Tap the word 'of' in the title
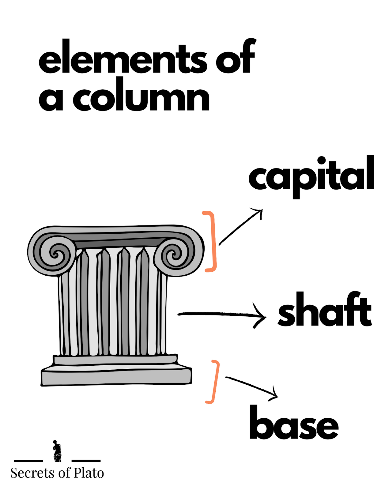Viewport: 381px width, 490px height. (x=235, y=57)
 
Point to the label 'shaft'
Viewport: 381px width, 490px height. (x=325, y=309)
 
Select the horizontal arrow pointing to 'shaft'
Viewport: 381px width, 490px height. (x=221, y=314)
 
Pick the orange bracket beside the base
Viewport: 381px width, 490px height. (x=214, y=382)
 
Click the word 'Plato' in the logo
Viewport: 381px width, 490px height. (x=89, y=473)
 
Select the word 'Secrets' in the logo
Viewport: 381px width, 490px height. (x=33, y=473)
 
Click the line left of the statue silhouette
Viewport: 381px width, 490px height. (x=28, y=461)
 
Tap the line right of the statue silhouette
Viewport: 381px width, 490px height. (x=86, y=461)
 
